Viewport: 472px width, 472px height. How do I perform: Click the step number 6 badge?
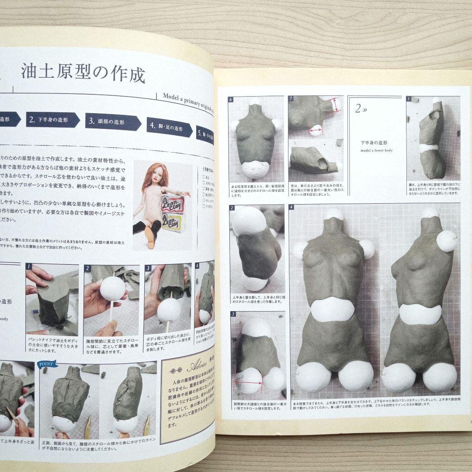(231, 100)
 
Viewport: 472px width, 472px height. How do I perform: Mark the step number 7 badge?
(292, 99)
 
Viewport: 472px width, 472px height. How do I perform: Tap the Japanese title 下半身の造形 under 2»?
(374, 143)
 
